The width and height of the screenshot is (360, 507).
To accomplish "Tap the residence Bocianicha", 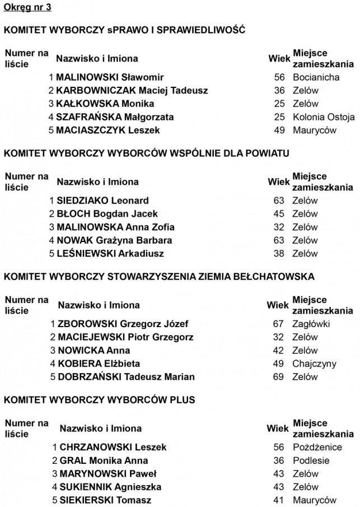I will pos(316,77).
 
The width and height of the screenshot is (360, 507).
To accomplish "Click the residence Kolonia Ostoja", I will pos(324,117).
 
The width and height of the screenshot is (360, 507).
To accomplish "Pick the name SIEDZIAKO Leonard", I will pos(102,201).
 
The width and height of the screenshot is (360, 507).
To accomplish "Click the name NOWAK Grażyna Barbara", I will pos(114,240).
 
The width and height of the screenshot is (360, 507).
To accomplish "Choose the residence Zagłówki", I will pos(311,324).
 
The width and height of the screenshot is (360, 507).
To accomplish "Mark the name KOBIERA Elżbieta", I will pos(99,364).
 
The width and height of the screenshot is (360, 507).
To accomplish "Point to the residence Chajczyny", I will pos(315,364).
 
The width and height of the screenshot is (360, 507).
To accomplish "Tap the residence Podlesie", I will pos(311,461).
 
